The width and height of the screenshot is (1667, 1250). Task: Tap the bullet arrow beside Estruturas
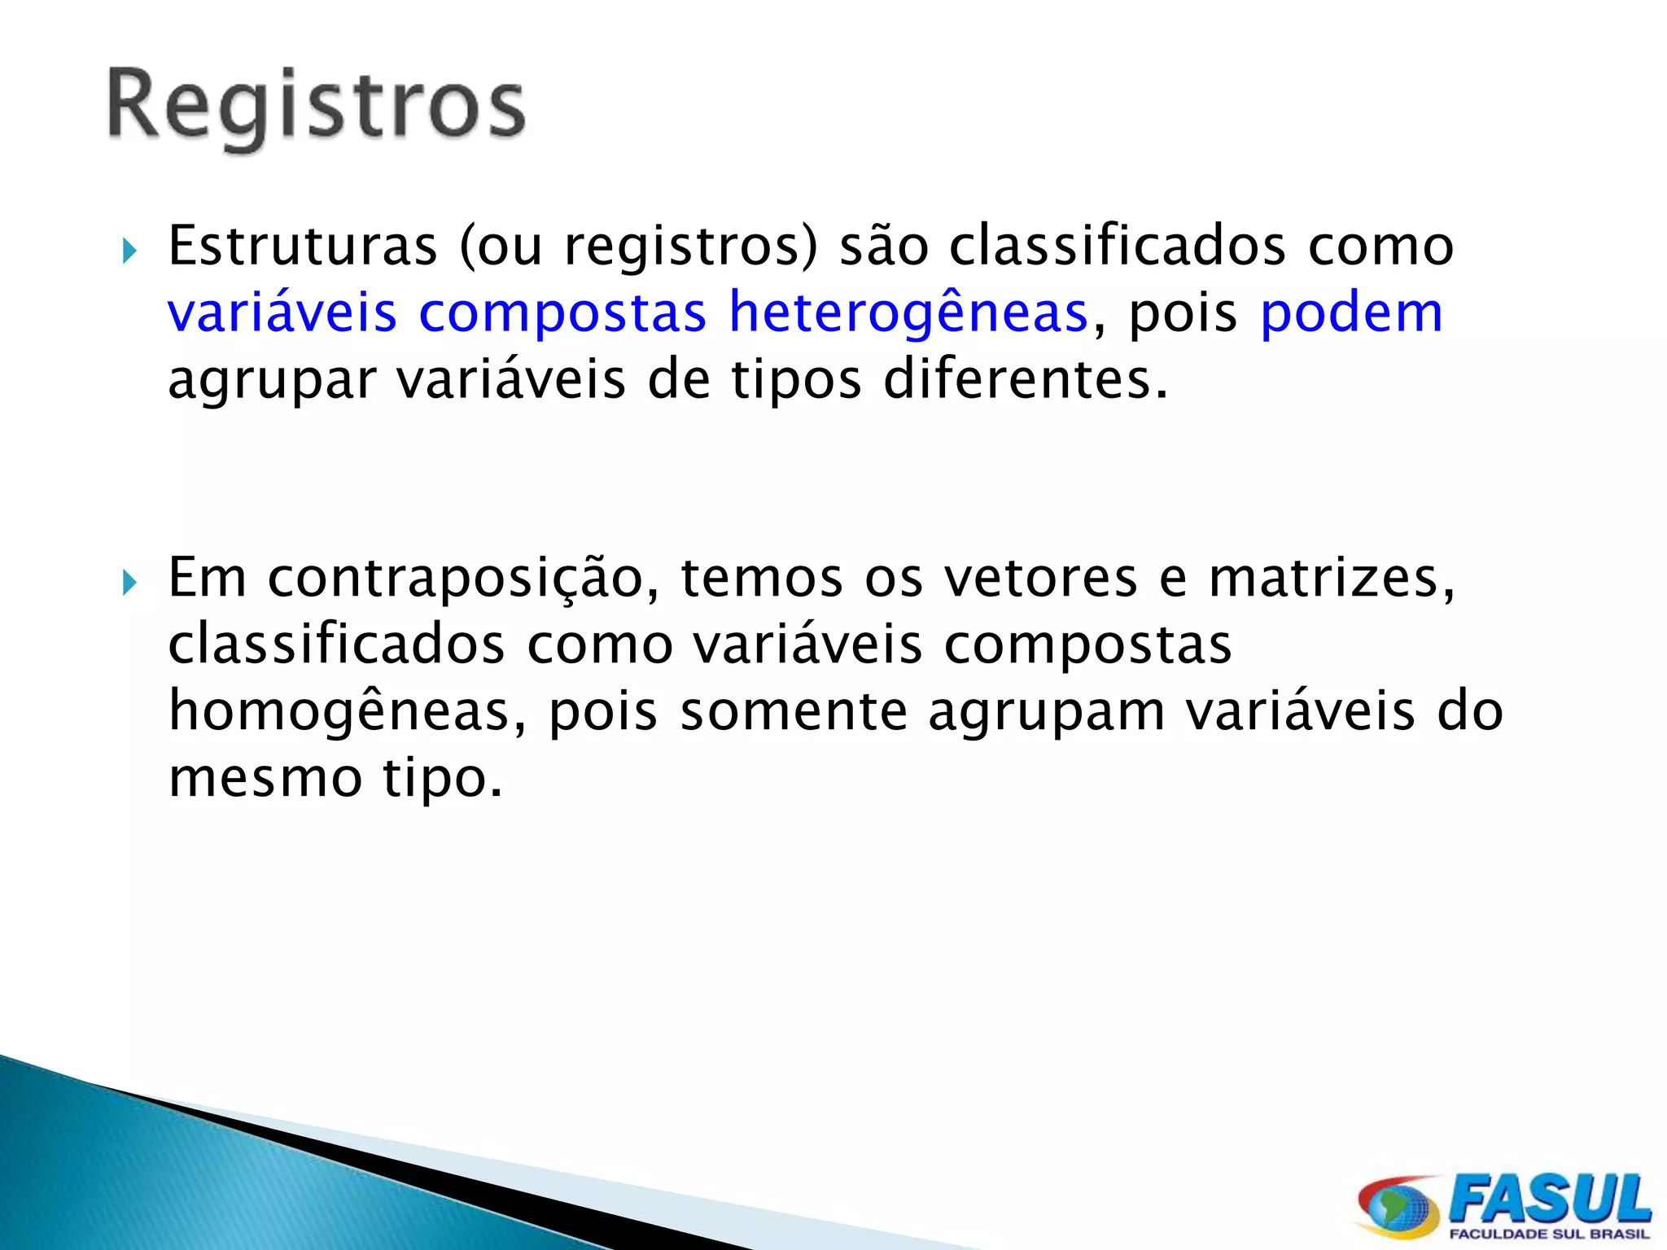click(129, 251)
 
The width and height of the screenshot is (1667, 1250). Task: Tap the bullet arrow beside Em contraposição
click(129, 583)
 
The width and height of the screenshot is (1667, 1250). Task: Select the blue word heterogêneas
click(908, 313)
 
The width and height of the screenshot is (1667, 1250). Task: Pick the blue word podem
click(1351, 312)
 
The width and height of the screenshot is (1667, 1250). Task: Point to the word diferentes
click(1026, 380)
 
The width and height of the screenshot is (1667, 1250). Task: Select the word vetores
click(1040, 578)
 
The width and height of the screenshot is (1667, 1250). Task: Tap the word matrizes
click(1332, 578)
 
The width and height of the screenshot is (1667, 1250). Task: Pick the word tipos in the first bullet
click(796, 381)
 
